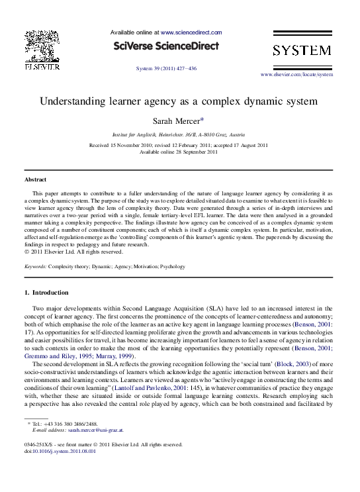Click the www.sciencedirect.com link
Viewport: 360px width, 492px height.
click(x=191, y=32)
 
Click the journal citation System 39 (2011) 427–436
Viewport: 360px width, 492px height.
click(x=166, y=68)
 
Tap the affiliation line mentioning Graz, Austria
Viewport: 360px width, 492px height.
click(x=179, y=133)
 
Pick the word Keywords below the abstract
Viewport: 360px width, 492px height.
click(x=34, y=266)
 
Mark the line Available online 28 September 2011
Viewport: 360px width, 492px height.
click(x=179, y=152)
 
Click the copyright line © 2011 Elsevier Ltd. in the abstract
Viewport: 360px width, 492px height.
click(x=73, y=252)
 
